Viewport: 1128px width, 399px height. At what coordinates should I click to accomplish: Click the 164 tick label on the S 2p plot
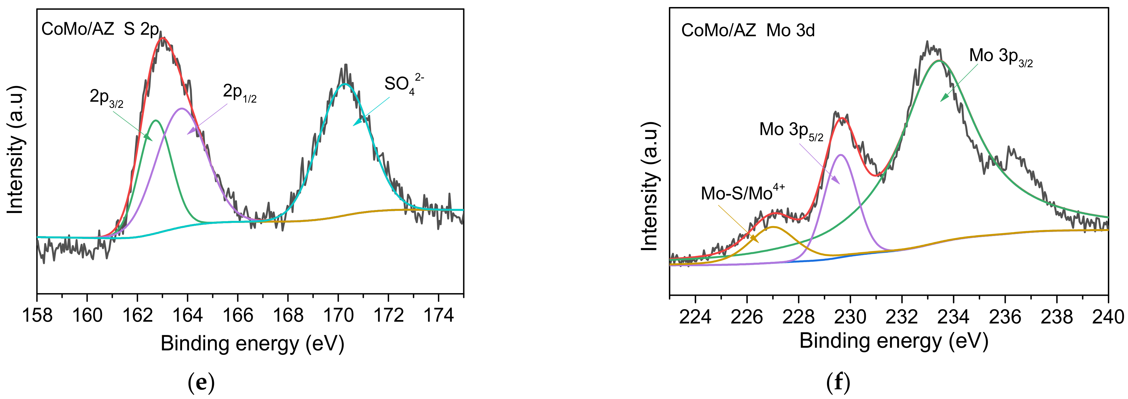coord(187,315)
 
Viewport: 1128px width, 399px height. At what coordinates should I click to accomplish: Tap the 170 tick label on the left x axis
coord(338,315)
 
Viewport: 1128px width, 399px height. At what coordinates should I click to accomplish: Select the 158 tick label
coord(37,315)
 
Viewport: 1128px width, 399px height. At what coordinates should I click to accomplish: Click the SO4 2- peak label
coord(403,84)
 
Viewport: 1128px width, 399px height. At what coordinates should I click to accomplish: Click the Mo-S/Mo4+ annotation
coord(743,193)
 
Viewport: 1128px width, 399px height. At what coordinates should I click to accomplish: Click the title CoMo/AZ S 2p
coord(100,29)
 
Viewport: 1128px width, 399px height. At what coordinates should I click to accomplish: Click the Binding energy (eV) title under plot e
coord(252,343)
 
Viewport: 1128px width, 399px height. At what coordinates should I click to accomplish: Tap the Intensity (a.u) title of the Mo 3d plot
coord(650,186)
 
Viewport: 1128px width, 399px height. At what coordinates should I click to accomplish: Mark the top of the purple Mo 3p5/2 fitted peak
coord(840,154)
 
